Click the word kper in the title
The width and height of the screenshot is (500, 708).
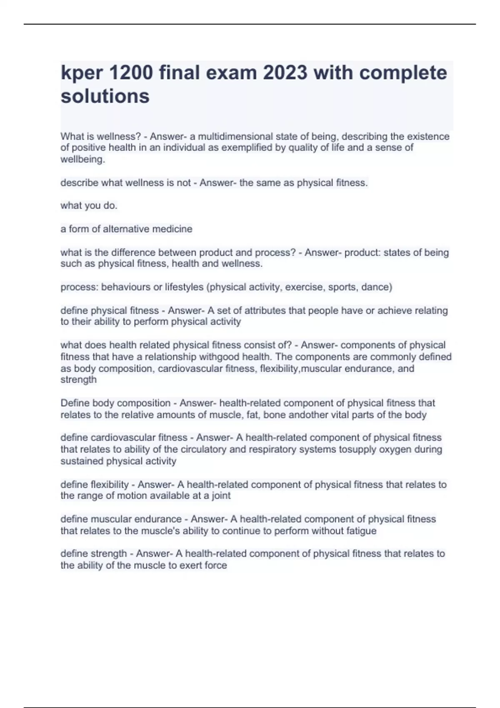pyautogui.click(x=81, y=74)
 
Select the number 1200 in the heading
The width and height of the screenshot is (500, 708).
pyautogui.click(x=130, y=73)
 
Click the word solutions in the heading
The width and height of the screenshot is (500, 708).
pyautogui.click(x=105, y=96)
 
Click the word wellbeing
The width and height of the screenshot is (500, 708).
pyautogui.click(x=82, y=160)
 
